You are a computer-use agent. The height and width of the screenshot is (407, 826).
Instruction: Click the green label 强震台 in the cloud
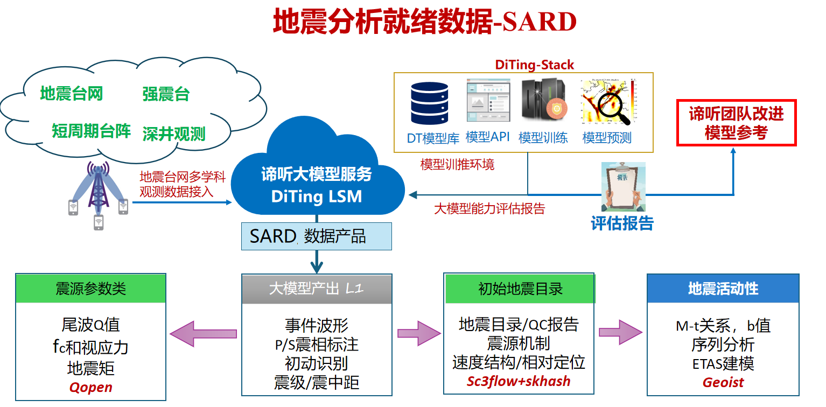pyautogui.click(x=166, y=95)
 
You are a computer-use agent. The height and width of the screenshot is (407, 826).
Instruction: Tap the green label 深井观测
pyautogui.click(x=173, y=134)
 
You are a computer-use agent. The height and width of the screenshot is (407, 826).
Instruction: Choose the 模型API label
pyautogui.click(x=487, y=137)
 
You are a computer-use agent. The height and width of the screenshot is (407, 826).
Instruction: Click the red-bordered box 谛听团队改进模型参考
pyautogui.click(x=736, y=123)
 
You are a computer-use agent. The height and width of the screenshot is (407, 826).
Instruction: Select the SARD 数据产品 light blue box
pyautogui.click(x=316, y=237)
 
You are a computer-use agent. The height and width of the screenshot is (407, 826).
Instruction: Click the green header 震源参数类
pyautogui.click(x=90, y=289)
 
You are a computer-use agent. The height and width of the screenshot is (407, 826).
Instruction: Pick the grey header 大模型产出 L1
pyautogui.click(x=317, y=289)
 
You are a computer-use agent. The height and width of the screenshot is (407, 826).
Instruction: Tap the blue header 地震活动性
pyautogui.click(x=723, y=289)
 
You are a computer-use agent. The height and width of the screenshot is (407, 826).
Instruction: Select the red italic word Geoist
pyautogui.click(x=723, y=382)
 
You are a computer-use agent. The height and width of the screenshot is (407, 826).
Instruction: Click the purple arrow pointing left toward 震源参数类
pyautogui.click(x=204, y=334)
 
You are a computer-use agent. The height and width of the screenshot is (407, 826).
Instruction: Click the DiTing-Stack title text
pyautogui.click(x=534, y=65)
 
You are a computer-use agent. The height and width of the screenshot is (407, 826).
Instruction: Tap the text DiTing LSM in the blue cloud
pyautogui.click(x=316, y=197)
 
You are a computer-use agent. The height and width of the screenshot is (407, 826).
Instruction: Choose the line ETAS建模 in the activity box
pyautogui.click(x=723, y=363)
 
